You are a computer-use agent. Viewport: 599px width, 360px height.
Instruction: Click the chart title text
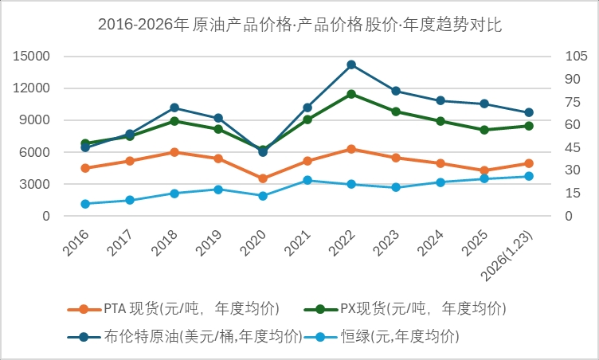[299, 25]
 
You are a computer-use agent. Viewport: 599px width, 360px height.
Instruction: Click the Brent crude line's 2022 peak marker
[351, 65]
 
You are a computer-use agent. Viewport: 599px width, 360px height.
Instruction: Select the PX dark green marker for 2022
[351, 94]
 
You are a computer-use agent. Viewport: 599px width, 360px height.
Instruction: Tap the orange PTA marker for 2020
[263, 178]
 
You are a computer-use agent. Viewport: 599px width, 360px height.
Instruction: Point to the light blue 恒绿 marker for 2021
[307, 180]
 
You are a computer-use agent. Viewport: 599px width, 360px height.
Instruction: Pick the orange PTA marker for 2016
[85, 168]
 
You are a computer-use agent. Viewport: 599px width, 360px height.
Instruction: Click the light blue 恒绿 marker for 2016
[85, 204]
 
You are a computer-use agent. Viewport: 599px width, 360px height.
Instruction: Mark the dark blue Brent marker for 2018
[174, 108]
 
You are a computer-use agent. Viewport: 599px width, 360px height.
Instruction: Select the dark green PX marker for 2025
[484, 130]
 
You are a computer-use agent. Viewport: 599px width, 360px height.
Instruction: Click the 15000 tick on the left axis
[33, 57]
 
